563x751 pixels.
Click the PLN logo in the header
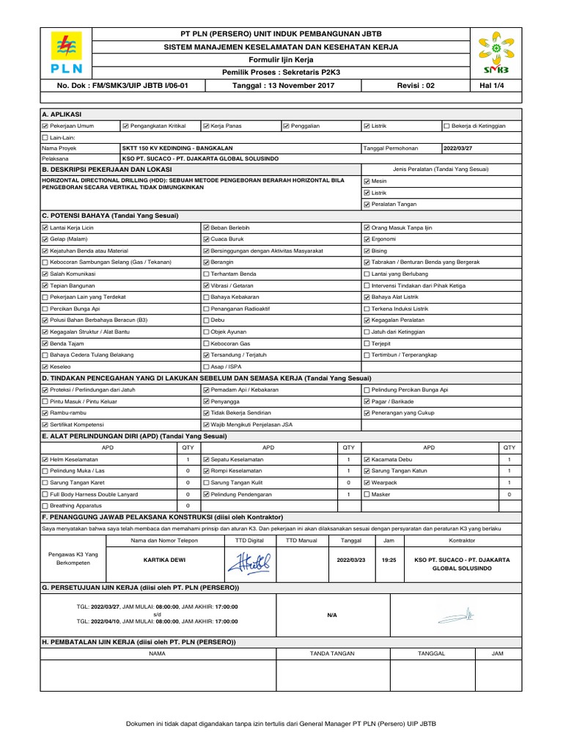pos(67,55)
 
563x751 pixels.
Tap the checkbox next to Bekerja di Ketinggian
pos(447,126)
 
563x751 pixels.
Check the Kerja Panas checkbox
pos(206,126)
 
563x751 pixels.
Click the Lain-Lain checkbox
pos(45,137)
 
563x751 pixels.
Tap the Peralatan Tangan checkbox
pos(367,204)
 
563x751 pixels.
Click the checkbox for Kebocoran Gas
pos(206,342)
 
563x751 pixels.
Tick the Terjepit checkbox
pos(367,342)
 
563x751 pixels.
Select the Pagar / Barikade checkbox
pos(367,401)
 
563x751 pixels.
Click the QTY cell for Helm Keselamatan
pos(188,458)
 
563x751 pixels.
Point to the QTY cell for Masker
pos(509,494)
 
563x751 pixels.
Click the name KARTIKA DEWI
pos(165,560)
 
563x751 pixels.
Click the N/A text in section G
pos(331,615)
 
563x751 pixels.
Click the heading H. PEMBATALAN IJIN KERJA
pos(139,642)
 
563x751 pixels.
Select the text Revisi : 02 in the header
pos(416,85)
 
